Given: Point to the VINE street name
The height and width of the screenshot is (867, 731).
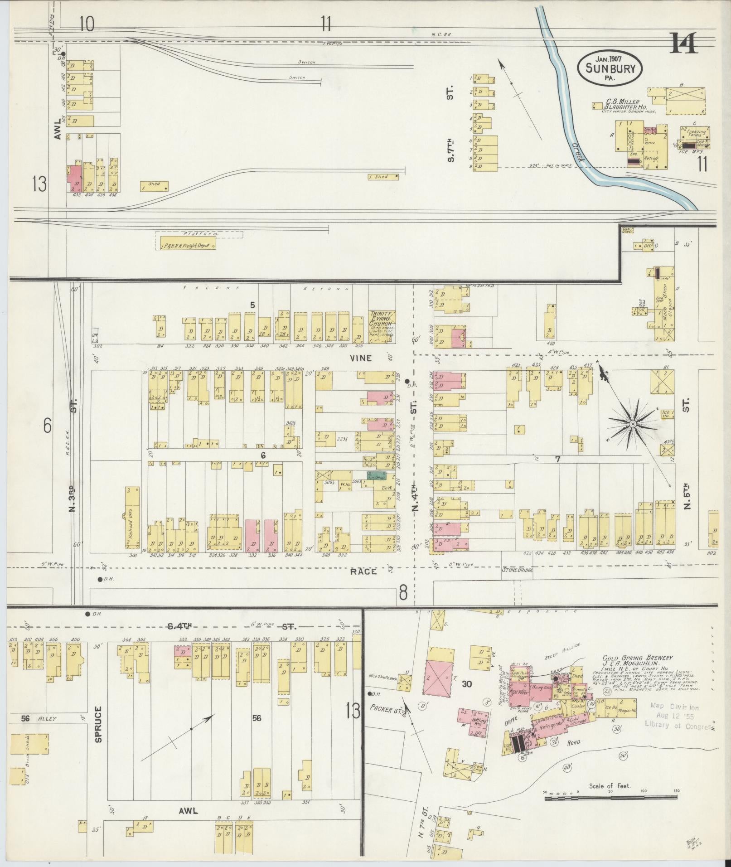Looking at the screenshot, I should (x=361, y=358).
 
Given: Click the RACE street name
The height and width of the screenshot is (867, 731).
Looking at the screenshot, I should (x=363, y=572).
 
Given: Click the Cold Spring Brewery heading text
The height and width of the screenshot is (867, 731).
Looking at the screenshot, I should (x=637, y=658).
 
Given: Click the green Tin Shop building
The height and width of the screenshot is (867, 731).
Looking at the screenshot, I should (x=376, y=476).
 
